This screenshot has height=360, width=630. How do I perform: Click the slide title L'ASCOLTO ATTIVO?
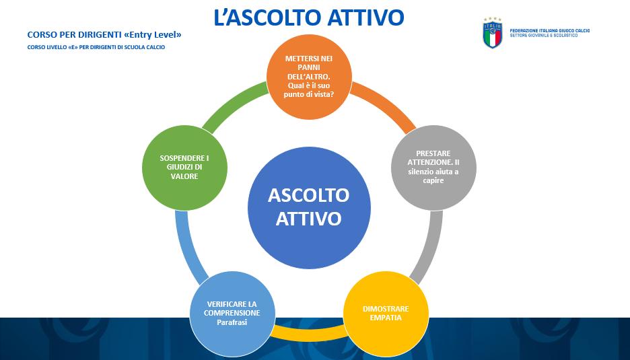[x=308, y=17]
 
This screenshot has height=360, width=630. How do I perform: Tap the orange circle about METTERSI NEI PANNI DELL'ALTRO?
[x=309, y=76]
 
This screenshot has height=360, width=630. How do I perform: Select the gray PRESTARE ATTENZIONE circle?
[x=433, y=167]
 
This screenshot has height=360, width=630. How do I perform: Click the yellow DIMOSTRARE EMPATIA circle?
[x=386, y=314]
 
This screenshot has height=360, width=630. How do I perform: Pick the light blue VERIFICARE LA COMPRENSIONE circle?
[x=232, y=314]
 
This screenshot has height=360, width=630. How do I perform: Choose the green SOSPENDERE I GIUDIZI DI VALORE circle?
[x=184, y=167]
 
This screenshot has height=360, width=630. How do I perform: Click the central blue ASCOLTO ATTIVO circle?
[x=309, y=207]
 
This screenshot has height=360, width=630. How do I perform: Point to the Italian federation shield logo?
[x=492, y=33]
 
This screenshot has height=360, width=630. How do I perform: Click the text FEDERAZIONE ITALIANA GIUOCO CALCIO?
[x=550, y=30]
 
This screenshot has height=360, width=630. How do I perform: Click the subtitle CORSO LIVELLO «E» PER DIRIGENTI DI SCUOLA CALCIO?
[x=96, y=47]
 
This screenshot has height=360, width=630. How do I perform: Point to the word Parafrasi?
[x=232, y=322]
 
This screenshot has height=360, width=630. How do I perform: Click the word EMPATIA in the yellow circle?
[x=386, y=318]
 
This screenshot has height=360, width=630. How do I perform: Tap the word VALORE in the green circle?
[x=184, y=176]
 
